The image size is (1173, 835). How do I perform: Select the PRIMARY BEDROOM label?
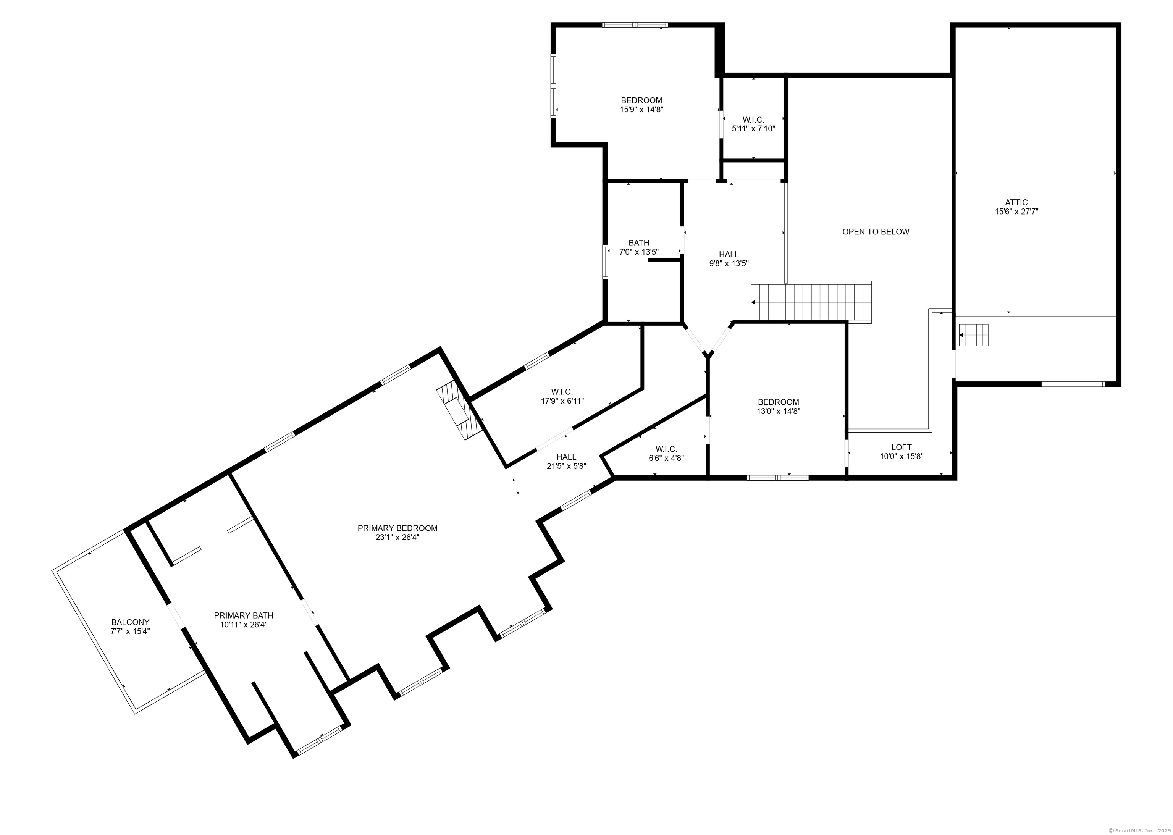(x=397, y=528)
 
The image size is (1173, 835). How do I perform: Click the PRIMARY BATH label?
(x=243, y=615)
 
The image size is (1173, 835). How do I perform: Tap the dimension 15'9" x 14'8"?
(x=641, y=110)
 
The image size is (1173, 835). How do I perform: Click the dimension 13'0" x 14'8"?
(x=778, y=411)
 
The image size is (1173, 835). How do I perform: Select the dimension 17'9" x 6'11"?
(x=562, y=401)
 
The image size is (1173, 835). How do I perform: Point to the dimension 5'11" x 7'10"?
(x=753, y=129)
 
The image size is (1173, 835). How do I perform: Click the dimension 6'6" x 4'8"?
(x=666, y=458)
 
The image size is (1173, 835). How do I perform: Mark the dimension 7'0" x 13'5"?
(x=639, y=252)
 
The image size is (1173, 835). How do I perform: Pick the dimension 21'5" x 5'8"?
(x=566, y=466)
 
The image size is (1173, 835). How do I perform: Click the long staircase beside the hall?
(x=811, y=302)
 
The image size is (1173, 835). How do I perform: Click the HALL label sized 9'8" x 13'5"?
(x=729, y=254)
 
